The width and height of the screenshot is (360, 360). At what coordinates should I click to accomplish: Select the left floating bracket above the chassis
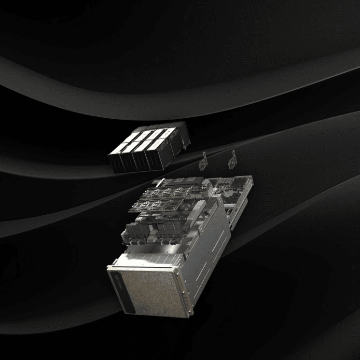pyautogui.click(x=204, y=161)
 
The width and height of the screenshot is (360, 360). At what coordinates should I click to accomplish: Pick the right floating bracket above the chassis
pyautogui.click(x=232, y=161)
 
